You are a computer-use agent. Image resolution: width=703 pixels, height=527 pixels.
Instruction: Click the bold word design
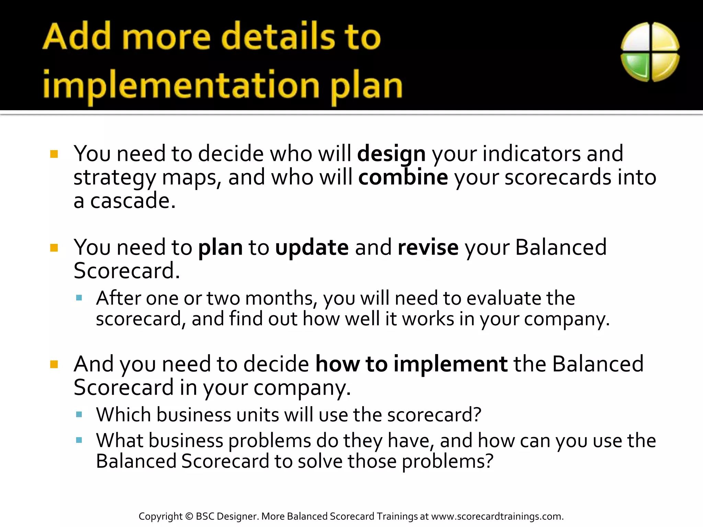(391, 154)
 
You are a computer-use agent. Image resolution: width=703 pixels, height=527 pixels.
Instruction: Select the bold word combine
(403, 177)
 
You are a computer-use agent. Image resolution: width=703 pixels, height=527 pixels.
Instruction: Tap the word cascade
(132, 201)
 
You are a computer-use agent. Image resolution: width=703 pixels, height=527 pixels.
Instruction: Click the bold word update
(312, 248)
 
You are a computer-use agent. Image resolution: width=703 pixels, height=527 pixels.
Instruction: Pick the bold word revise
(428, 248)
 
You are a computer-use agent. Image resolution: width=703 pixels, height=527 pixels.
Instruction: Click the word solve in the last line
(320, 461)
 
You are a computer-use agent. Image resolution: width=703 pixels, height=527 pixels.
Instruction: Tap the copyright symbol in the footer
(189, 516)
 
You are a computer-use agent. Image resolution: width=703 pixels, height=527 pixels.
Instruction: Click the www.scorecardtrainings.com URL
(497, 516)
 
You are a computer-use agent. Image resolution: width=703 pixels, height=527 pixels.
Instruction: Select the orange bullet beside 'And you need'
(54, 364)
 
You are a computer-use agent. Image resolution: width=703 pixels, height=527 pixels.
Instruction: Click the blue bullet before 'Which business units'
(79, 414)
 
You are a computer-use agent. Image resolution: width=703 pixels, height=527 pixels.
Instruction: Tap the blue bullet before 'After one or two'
(79, 298)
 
